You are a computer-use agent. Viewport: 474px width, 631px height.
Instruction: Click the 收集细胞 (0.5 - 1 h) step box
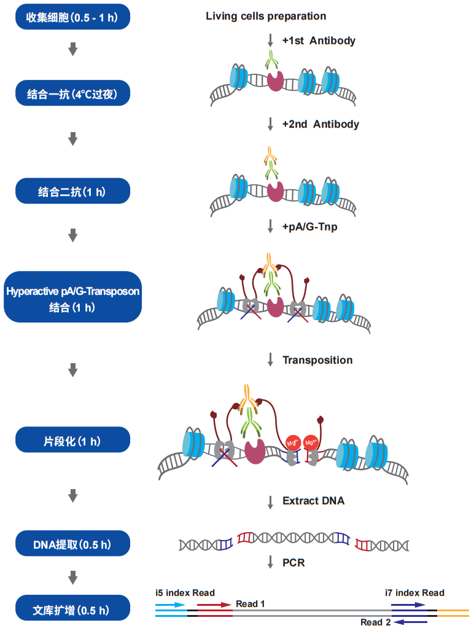[x=72, y=17]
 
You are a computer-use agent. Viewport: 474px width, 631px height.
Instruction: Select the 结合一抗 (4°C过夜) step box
[x=72, y=94]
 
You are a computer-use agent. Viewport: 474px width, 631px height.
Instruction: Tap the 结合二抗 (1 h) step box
[x=72, y=191]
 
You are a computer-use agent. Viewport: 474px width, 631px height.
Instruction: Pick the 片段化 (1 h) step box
[x=72, y=440]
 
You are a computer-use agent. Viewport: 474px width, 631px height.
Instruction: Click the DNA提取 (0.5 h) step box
[x=72, y=543]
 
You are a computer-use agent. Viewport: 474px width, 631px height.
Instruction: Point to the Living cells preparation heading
[x=266, y=16]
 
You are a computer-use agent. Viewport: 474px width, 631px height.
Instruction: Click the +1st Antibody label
[x=319, y=41]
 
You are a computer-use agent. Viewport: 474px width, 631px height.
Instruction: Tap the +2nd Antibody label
[x=321, y=124]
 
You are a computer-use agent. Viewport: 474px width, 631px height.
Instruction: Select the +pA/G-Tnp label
[x=309, y=227]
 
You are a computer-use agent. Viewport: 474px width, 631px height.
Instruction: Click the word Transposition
[x=317, y=360]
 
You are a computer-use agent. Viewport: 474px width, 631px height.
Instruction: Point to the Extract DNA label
[x=313, y=501]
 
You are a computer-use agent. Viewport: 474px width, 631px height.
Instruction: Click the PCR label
[x=293, y=562]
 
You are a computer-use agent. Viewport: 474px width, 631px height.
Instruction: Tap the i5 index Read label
[x=185, y=593]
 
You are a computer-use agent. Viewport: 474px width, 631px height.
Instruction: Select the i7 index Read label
[x=414, y=593]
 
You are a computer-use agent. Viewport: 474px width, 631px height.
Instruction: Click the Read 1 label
[x=251, y=604]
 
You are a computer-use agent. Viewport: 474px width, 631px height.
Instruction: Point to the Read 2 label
[x=376, y=622]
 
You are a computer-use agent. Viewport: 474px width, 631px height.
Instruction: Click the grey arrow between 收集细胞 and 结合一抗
[x=72, y=50]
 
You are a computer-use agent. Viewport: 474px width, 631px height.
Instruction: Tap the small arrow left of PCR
[x=270, y=562]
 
